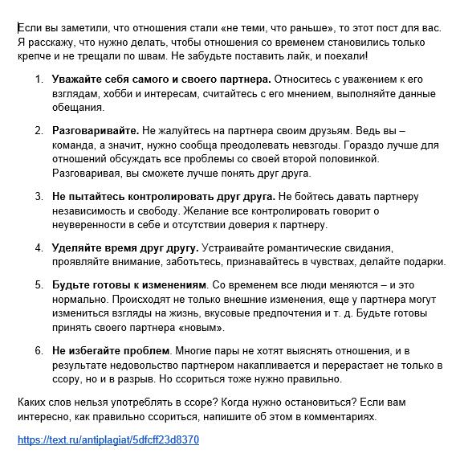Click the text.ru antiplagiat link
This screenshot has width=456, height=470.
point(108,440)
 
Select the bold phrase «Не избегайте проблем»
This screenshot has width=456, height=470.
point(111,350)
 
